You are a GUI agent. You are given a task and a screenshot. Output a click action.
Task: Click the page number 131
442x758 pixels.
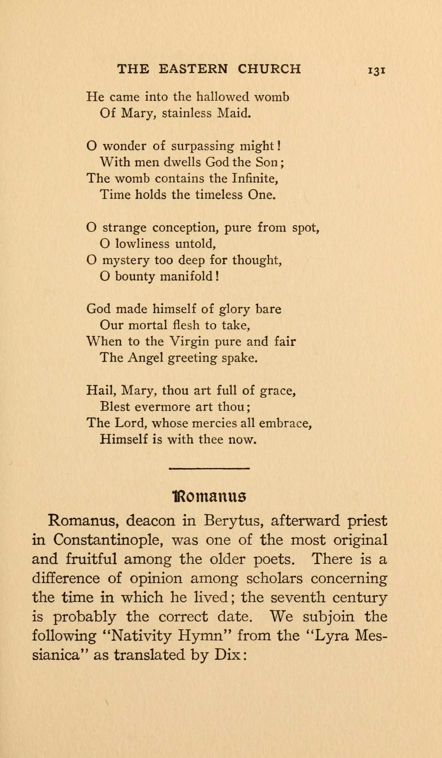[376, 70]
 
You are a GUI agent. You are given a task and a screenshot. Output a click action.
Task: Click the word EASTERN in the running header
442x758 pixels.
[193, 69]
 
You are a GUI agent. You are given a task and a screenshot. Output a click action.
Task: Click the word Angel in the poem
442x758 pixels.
[145, 358]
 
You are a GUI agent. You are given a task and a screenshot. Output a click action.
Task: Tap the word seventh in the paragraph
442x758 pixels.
[298, 597]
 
